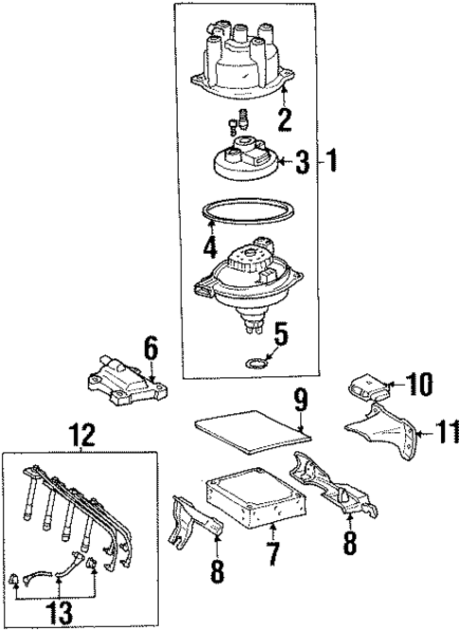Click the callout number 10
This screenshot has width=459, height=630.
pos(418,384)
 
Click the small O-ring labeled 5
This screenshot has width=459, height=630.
pos(254,361)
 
